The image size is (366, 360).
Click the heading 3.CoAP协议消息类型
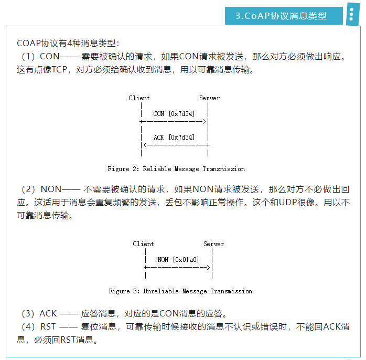[282, 16]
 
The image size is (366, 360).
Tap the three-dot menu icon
[351, 15]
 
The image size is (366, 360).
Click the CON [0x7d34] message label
[173, 113]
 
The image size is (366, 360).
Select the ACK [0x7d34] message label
[173, 137]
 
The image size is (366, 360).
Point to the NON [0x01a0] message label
[178, 259]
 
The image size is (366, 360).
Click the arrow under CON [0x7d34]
[175, 121]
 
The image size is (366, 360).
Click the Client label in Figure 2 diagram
[139, 98]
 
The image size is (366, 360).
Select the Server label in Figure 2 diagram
[209, 98]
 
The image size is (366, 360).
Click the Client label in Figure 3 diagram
[143, 244]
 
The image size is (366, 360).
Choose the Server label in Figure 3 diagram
[213, 244]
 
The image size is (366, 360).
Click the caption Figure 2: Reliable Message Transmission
[176, 169]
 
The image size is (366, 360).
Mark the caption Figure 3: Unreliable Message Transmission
[180, 291]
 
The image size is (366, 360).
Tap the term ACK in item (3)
[48, 314]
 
